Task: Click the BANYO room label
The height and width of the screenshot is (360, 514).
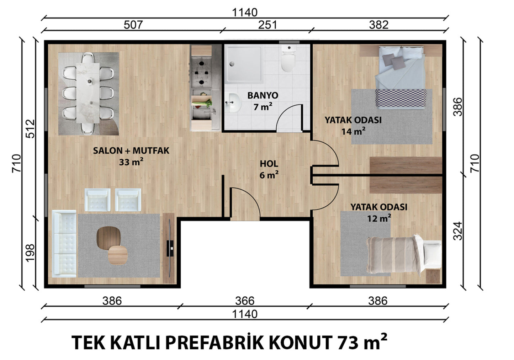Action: pos(263,95)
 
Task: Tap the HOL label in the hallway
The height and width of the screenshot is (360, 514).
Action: pos(269,164)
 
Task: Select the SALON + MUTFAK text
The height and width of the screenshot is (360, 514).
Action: pos(131,151)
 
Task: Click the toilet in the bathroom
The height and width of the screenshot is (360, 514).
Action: pos(288,58)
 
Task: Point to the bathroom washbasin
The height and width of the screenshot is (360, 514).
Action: pos(232,102)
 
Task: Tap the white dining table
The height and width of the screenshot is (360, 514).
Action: pos(88,93)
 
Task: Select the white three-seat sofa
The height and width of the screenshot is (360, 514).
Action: pos(64,244)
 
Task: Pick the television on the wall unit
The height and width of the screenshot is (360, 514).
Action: pos(170,248)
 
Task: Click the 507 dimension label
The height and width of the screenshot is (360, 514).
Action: pos(133,25)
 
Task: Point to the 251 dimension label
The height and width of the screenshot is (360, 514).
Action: pos(267,25)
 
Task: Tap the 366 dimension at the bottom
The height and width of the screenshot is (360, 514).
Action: pos(245,301)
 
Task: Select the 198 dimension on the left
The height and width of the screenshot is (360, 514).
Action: pos(30,253)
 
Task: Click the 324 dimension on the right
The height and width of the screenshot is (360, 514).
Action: pos(458,231)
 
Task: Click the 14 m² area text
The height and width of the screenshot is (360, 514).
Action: pos(353,131)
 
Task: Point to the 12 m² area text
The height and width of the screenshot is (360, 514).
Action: pos(379,218)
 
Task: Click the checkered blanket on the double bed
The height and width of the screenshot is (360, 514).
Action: pos(401,98)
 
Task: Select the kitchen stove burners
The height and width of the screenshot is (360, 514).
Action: pos(201,73)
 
